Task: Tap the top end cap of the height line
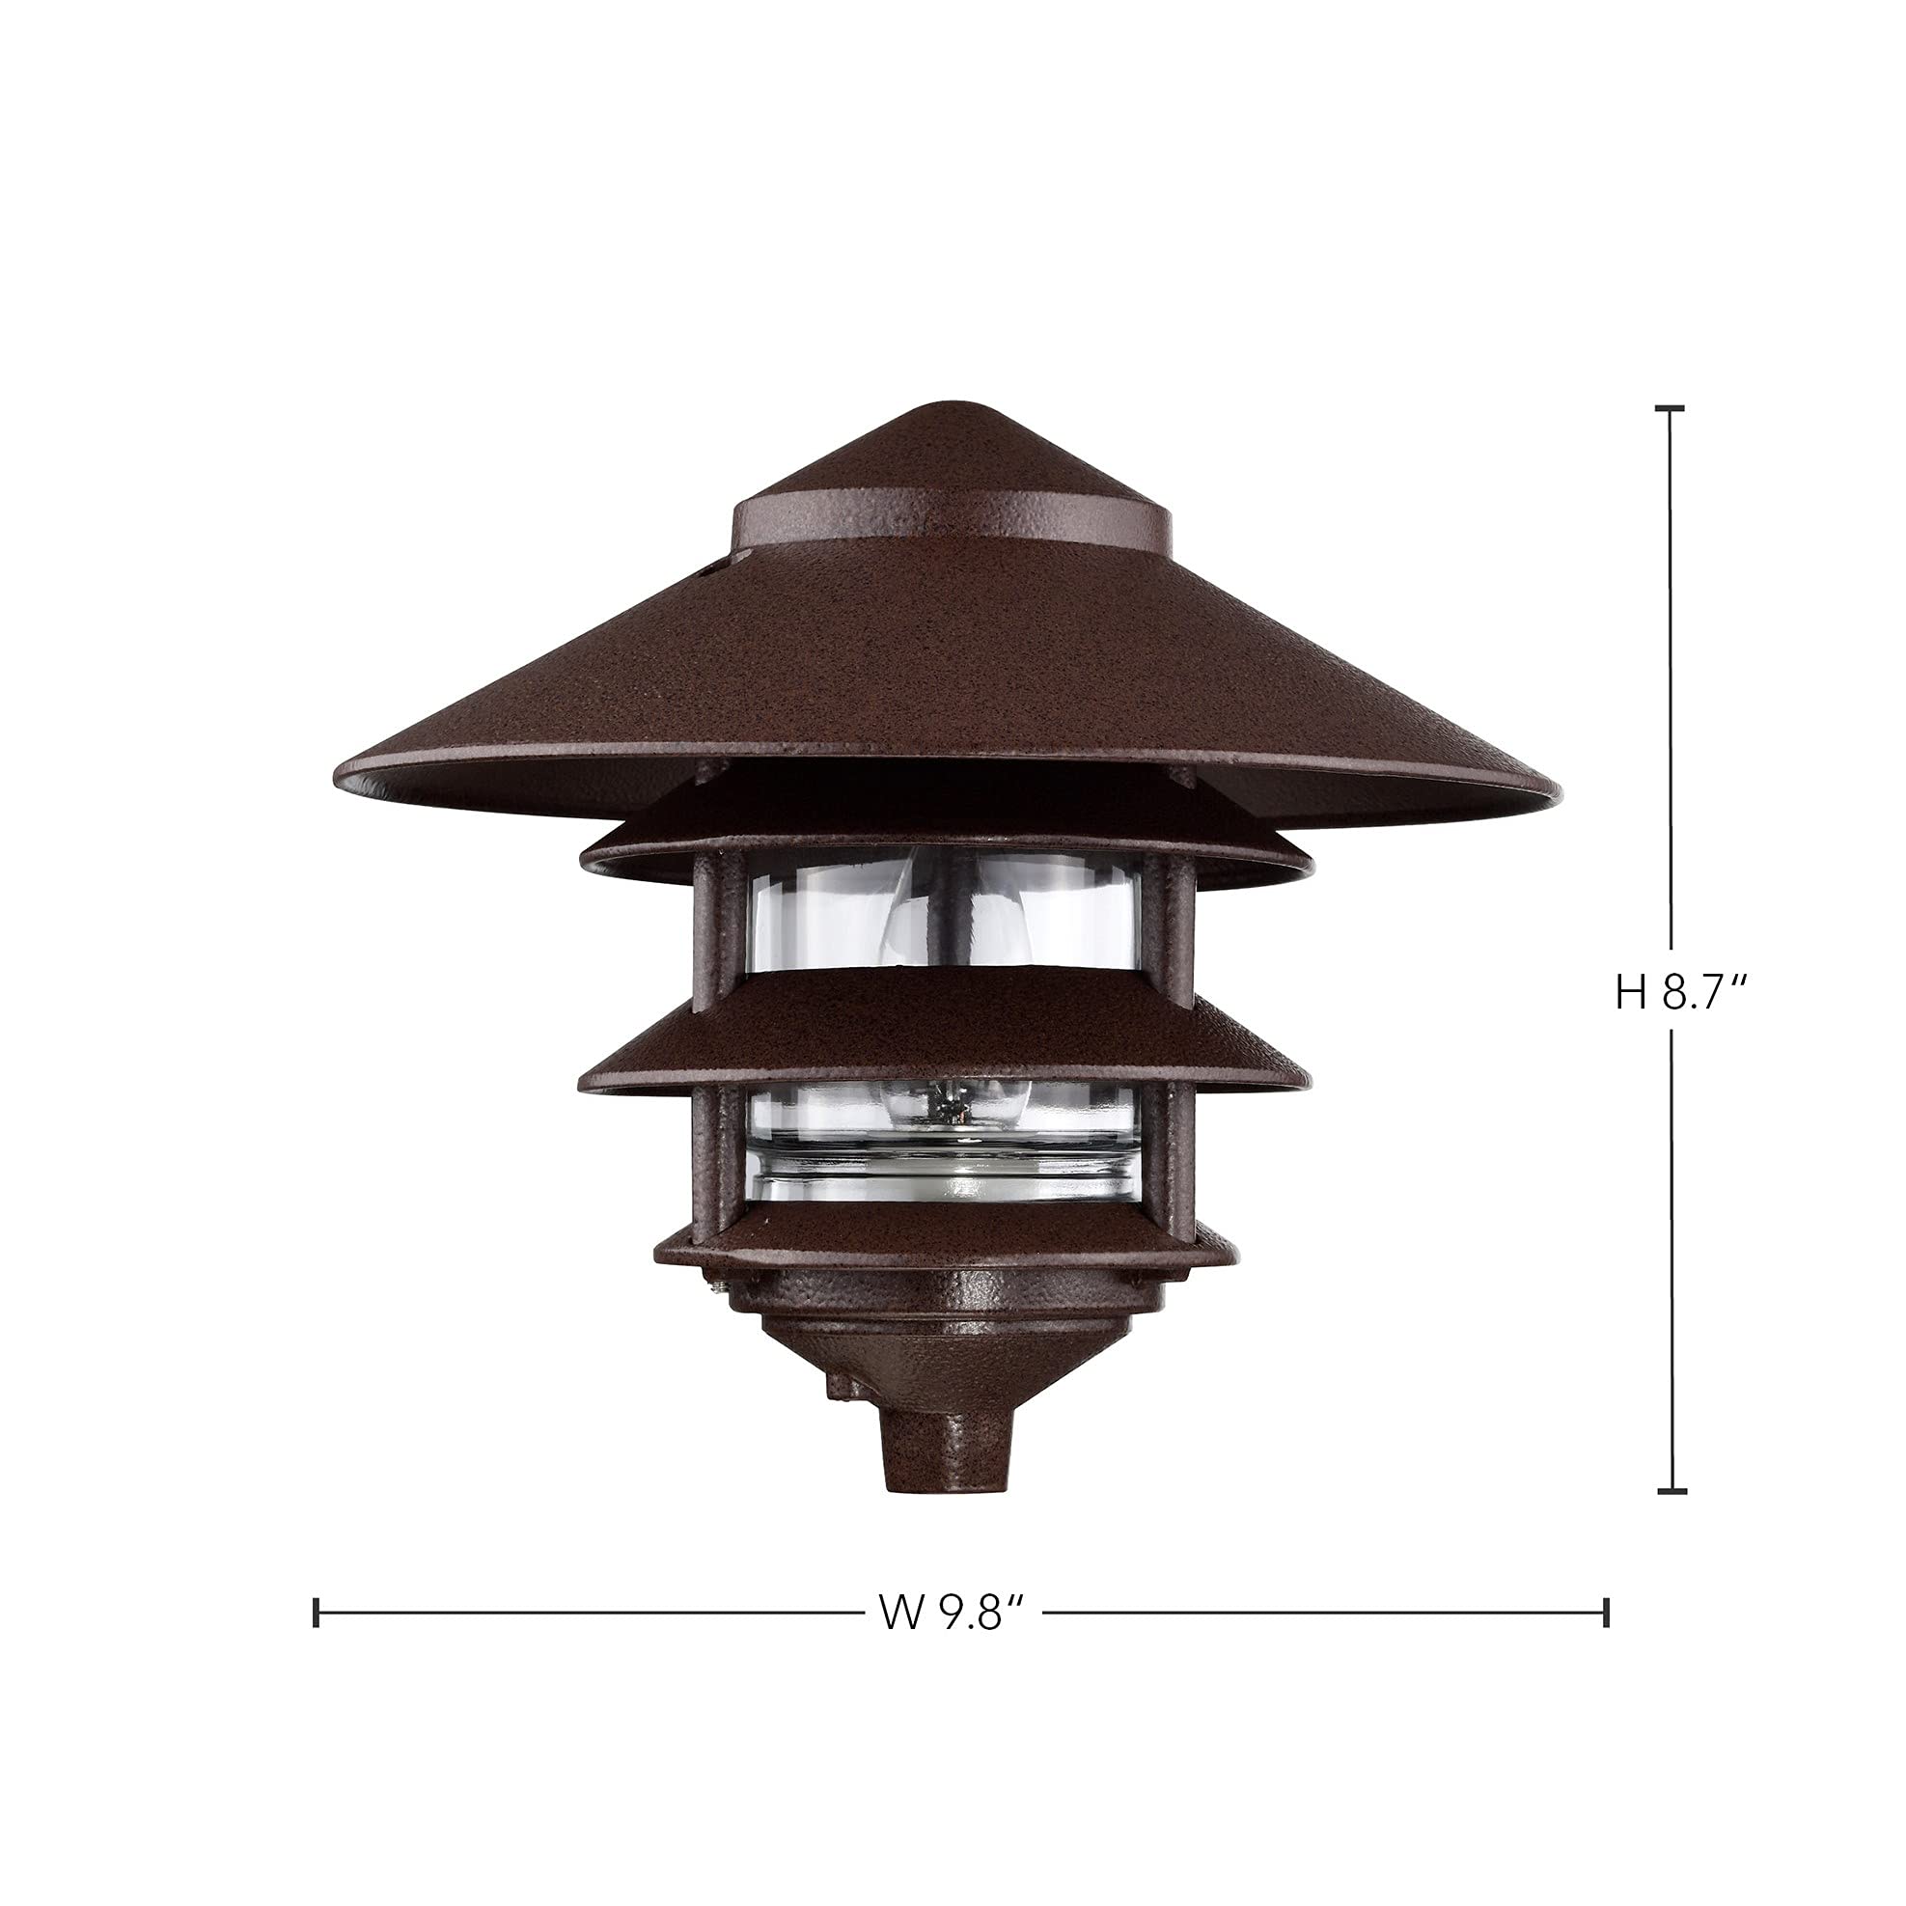[1670, 408]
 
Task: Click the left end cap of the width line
[316, 1612]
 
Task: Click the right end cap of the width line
[1607, 1612]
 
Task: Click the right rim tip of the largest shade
[1559, 787]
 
